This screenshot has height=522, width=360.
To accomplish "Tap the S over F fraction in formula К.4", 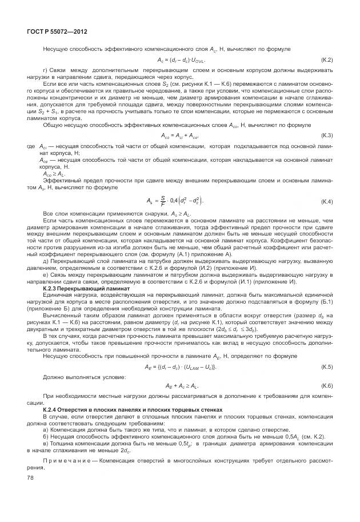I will coord(163,202).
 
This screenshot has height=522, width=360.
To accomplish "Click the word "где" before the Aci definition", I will coord(31,148).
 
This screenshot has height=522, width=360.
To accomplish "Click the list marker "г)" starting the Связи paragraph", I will coord(46,70).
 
